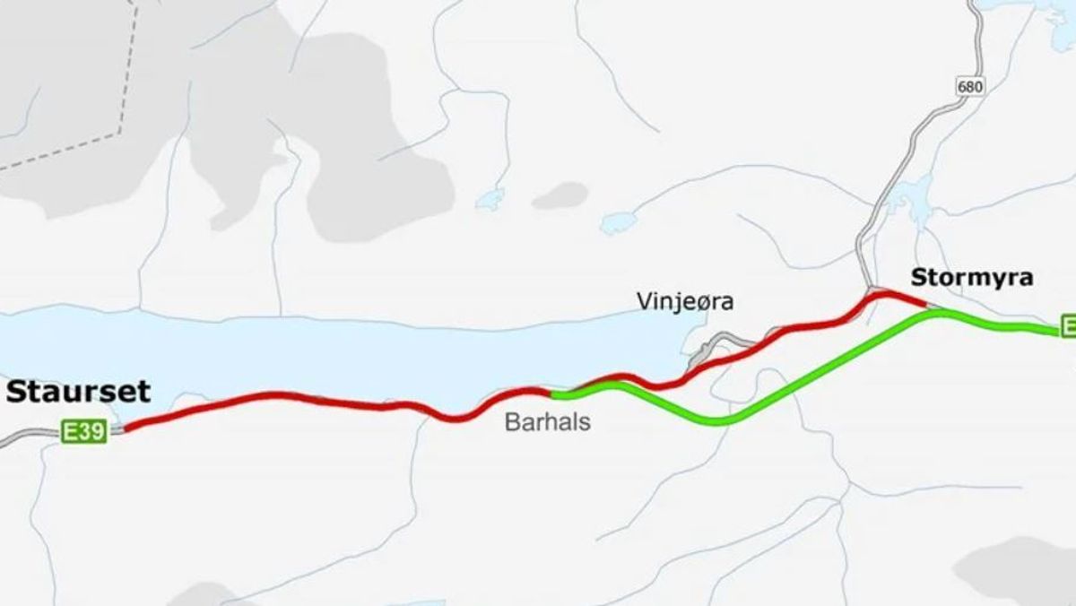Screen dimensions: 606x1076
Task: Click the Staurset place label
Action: (79, 392)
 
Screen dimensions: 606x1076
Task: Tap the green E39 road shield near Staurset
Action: (84, 432)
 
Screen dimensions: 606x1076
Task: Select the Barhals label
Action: (548, 421)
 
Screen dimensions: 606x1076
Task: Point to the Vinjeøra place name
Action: (685, 301)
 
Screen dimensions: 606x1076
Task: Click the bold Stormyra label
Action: (972, 277)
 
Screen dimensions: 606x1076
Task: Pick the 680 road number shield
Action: (970, 87)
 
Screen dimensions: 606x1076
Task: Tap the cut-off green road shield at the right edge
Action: (1068, 326)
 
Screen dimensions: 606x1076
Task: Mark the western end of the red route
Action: (126, 429)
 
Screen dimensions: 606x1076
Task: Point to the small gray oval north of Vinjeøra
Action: (560, 195)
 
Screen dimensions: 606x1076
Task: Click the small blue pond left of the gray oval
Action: (490, 199)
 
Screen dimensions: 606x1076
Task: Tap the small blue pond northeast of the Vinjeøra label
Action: (619, 221)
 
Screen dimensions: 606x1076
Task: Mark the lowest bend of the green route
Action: (717, 421)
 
